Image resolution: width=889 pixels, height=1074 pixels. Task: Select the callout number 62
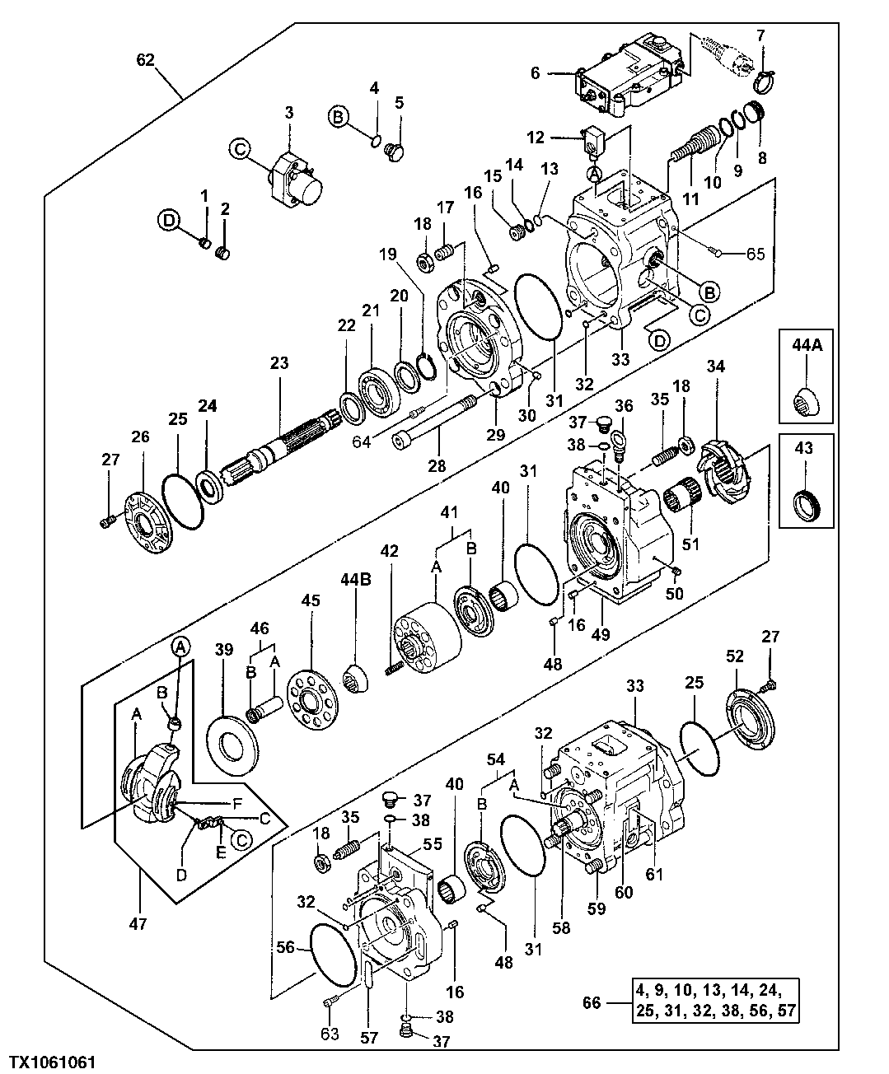[x=146, y=59]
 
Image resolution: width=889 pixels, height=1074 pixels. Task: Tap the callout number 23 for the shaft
[x=279, y=362]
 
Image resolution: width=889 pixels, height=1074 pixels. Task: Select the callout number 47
[x=138, y=924]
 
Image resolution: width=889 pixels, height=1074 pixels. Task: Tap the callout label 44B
[x=356, y=580]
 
